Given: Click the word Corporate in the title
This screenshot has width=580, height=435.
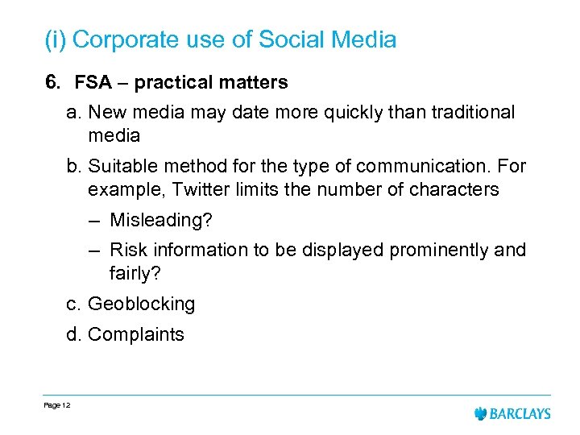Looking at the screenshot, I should (125, 39).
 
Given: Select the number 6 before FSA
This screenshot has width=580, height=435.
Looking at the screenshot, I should (50, 82).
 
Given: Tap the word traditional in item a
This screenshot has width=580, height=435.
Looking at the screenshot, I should (465, 113).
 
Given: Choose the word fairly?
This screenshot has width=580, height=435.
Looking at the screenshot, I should (135, 274).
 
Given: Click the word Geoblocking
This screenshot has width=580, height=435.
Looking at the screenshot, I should (141, 304).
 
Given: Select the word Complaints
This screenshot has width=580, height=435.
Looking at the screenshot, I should (135, 334).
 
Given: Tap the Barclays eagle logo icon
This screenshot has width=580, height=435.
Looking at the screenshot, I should (482, 414).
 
